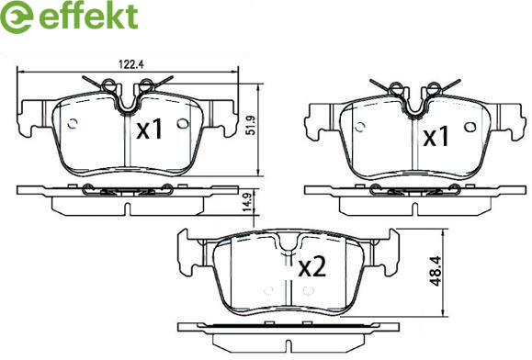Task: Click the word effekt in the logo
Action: (88, 16)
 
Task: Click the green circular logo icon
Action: (16, 17)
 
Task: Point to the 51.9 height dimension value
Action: (251, 126)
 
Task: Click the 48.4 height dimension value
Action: (436, 271)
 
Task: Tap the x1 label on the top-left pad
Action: (150, 130)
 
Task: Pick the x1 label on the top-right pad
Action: (436, 137)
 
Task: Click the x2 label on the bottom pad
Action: (312, 267)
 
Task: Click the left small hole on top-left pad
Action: (73, 124)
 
